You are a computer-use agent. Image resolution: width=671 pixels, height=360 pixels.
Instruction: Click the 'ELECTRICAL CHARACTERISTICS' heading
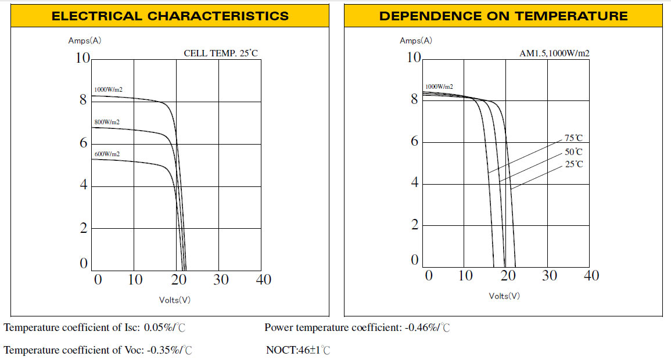[x=170, y=16]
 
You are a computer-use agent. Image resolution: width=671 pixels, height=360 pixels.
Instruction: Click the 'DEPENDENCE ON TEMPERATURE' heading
[x=503, y=16]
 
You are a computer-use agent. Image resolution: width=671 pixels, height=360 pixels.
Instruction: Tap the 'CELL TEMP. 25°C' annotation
[x=221, y=53]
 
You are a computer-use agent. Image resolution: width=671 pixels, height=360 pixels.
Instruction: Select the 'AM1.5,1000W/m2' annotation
[x=554, y=53]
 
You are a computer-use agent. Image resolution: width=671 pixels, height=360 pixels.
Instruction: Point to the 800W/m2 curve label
[x=107, y=123]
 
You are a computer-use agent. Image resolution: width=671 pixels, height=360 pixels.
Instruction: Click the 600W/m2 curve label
[x=107, y=154]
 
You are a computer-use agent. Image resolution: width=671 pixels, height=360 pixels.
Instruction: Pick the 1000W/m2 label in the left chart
[x=108, y=89]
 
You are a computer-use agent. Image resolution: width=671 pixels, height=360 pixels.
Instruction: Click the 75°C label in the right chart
[x=573, y=138]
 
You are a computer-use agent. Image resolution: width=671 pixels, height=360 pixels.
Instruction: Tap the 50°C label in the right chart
[x=573, y=152]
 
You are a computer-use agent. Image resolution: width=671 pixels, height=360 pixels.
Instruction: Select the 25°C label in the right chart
[x=573, y=165]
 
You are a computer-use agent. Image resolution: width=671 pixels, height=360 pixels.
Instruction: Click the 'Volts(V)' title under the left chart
[x=174, y=300]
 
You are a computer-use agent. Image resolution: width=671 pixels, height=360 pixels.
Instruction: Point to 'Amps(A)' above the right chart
[x=416, y=41]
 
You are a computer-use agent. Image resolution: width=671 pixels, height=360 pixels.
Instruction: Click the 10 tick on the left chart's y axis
[x=83, y=58]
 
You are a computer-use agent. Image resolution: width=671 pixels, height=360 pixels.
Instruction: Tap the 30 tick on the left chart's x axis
[x=221, y=280]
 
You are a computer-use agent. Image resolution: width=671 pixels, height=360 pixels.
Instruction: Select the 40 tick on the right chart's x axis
[x=591, y=275]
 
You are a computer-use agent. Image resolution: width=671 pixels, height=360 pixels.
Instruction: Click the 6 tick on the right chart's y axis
[x=414, y=142]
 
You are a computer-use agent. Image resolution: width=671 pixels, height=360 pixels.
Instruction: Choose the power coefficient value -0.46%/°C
[x=427, y=328]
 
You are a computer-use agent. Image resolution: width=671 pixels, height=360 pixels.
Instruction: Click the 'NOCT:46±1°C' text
[x=298, y=350]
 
